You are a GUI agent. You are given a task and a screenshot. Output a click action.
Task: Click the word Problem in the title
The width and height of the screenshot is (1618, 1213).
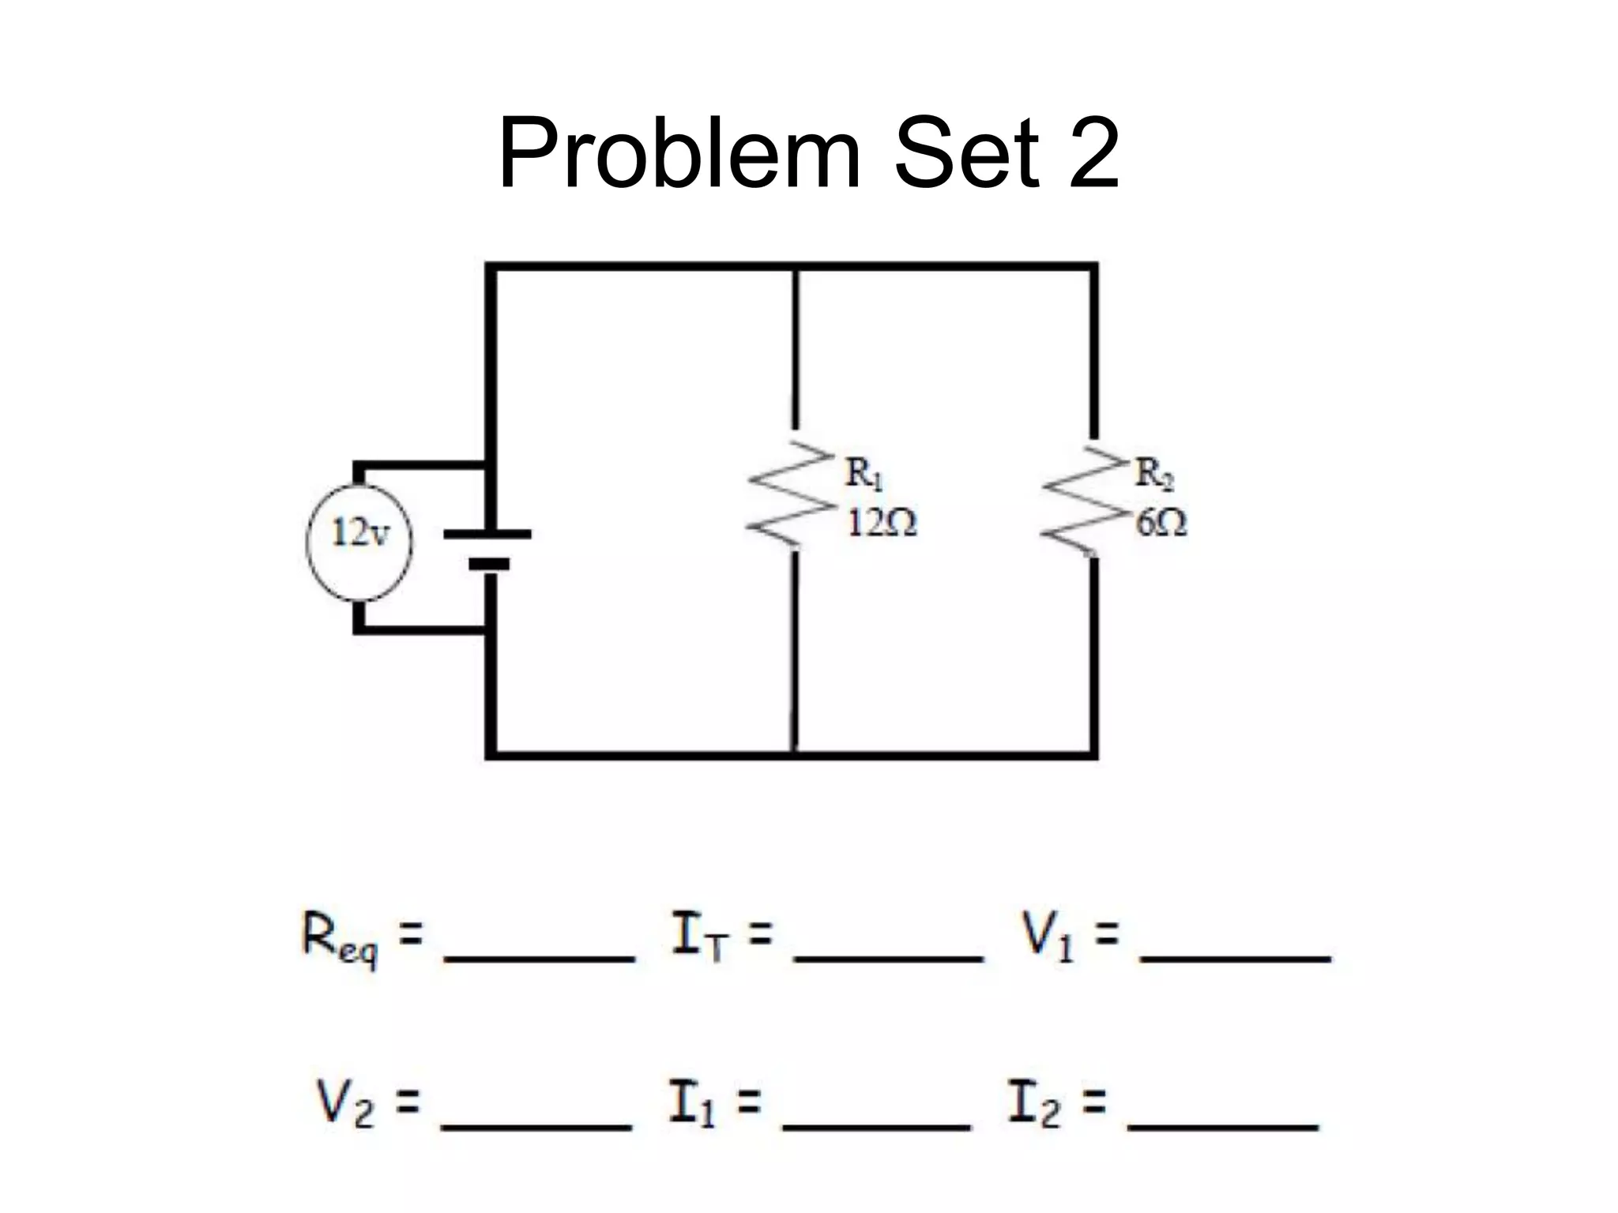679,154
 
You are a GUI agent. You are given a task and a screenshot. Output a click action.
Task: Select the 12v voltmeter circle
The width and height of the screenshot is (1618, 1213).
359,542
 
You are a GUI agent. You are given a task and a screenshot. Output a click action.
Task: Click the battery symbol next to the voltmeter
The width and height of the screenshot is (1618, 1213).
487,548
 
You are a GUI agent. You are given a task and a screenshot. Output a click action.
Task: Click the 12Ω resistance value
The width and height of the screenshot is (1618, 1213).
882,523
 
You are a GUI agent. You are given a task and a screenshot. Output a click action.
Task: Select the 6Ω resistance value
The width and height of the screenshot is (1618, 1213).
1161,523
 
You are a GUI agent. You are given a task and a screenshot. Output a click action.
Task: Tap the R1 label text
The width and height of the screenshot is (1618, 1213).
864,474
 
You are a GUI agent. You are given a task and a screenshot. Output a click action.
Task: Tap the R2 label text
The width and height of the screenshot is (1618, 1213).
1154,474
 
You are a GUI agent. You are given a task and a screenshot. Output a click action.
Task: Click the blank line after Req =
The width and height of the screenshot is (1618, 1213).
540,958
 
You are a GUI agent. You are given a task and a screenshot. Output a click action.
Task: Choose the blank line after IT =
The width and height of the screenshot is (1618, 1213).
888,958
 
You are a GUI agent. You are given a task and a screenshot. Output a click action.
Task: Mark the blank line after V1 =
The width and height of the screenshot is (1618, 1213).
1235,958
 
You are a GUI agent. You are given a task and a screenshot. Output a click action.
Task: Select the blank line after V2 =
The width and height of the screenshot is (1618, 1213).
536,1125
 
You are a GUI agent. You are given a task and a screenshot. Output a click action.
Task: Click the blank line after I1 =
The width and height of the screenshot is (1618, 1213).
876,1125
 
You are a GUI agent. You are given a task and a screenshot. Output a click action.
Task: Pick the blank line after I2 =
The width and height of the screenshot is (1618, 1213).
1224,1125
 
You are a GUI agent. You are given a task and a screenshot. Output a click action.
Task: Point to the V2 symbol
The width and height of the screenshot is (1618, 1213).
344,1103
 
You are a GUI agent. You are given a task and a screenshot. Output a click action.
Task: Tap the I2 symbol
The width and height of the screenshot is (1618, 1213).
1032,1103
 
